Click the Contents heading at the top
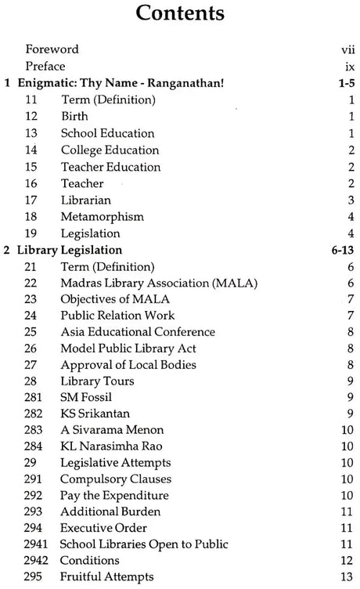tap(179, 16)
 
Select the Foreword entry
tap(52, 49)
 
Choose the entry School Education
tap(107, 133)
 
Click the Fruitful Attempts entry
tap(106, 576)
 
